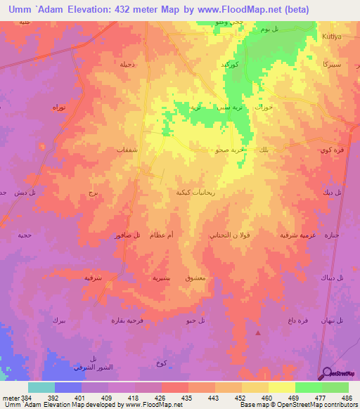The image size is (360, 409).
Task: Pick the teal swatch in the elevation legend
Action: [x=41, y=387]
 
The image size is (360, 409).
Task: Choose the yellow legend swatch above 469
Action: [x=282, y=387]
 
